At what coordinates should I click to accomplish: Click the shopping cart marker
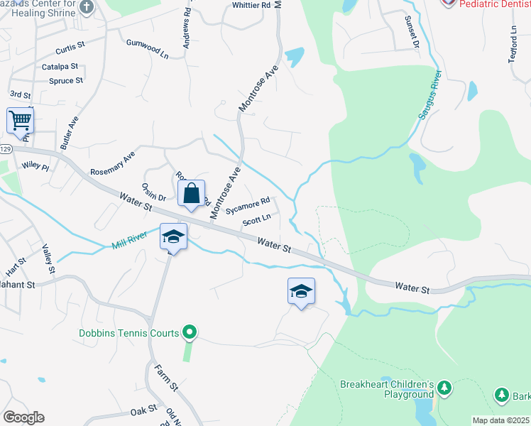[20, 121]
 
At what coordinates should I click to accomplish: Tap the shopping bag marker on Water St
[192, 194]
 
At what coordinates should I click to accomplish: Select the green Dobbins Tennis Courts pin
[189, 332]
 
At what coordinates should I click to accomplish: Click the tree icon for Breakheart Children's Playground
[444, 388]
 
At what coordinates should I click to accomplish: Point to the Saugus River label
[430, 95]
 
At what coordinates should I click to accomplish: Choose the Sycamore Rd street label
[248, 206]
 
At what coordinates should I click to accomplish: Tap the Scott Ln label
[256, 221]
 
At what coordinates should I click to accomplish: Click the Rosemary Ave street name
[112, 164]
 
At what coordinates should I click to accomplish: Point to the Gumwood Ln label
[148, 48]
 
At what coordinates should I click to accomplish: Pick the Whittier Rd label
[252, 5]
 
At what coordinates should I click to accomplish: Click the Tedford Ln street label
[513, 44]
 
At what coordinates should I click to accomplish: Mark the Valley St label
[48, 259]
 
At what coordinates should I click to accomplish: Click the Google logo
[23, 417]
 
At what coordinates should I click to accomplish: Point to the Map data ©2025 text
[500, 420]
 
